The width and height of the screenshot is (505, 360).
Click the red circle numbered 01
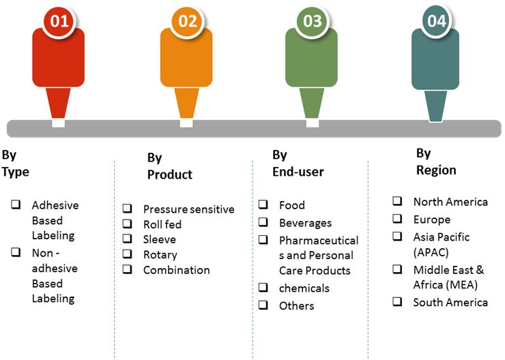coord(59,21)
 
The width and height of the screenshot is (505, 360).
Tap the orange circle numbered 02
coord(188,21)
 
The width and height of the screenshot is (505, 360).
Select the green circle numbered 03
coord(313,21)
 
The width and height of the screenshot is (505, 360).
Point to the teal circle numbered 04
coord(437,21)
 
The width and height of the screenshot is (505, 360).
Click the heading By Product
coord(170,166)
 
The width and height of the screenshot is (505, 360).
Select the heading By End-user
coord(298,164)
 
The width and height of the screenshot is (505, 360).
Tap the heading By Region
coord(436,162)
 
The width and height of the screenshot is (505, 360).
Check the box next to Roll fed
coord(127,223)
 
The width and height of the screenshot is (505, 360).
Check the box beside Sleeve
coord(127,239)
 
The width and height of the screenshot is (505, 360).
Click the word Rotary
coord(160,255)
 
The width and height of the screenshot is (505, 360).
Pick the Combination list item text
coord(177,270)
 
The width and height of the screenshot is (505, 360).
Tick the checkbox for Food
coord(263,204)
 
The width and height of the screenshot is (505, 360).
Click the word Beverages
coord(305,223)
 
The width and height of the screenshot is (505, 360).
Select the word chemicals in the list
coord(304,288)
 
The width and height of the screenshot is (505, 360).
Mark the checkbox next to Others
coord(263,304)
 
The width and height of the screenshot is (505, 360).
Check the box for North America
coord(397,200)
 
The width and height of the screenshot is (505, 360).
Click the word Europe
coord(432,220)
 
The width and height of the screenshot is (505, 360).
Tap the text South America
coord(450,303)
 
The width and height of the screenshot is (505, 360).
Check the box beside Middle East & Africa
coord(397,269)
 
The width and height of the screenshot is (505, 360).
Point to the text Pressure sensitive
coord(189,209)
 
